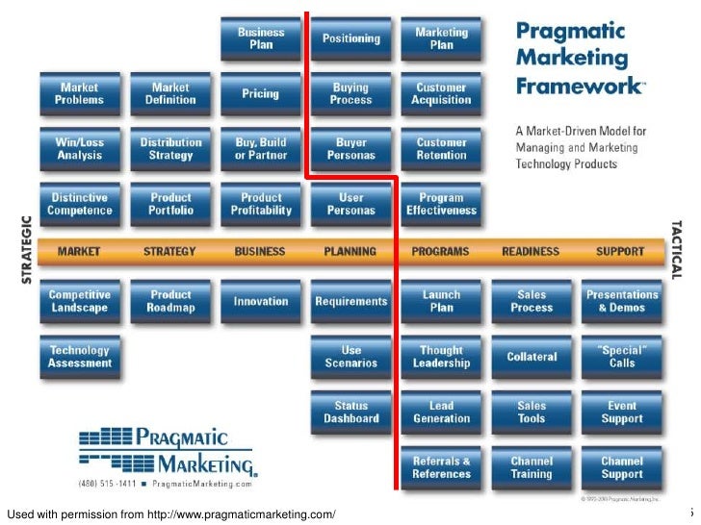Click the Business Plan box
261,38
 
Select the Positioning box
350,38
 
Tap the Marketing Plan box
441,38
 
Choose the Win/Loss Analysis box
80,149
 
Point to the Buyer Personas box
350,149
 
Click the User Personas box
350,204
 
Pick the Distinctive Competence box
80,204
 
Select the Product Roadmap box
170,301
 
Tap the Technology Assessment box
80,357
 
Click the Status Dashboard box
350,412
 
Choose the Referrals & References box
441,467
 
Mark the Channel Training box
532,467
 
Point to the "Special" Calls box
622,357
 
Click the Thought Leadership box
441,357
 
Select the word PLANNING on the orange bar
350,252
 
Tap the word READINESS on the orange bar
531,252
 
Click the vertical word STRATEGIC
26,249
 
